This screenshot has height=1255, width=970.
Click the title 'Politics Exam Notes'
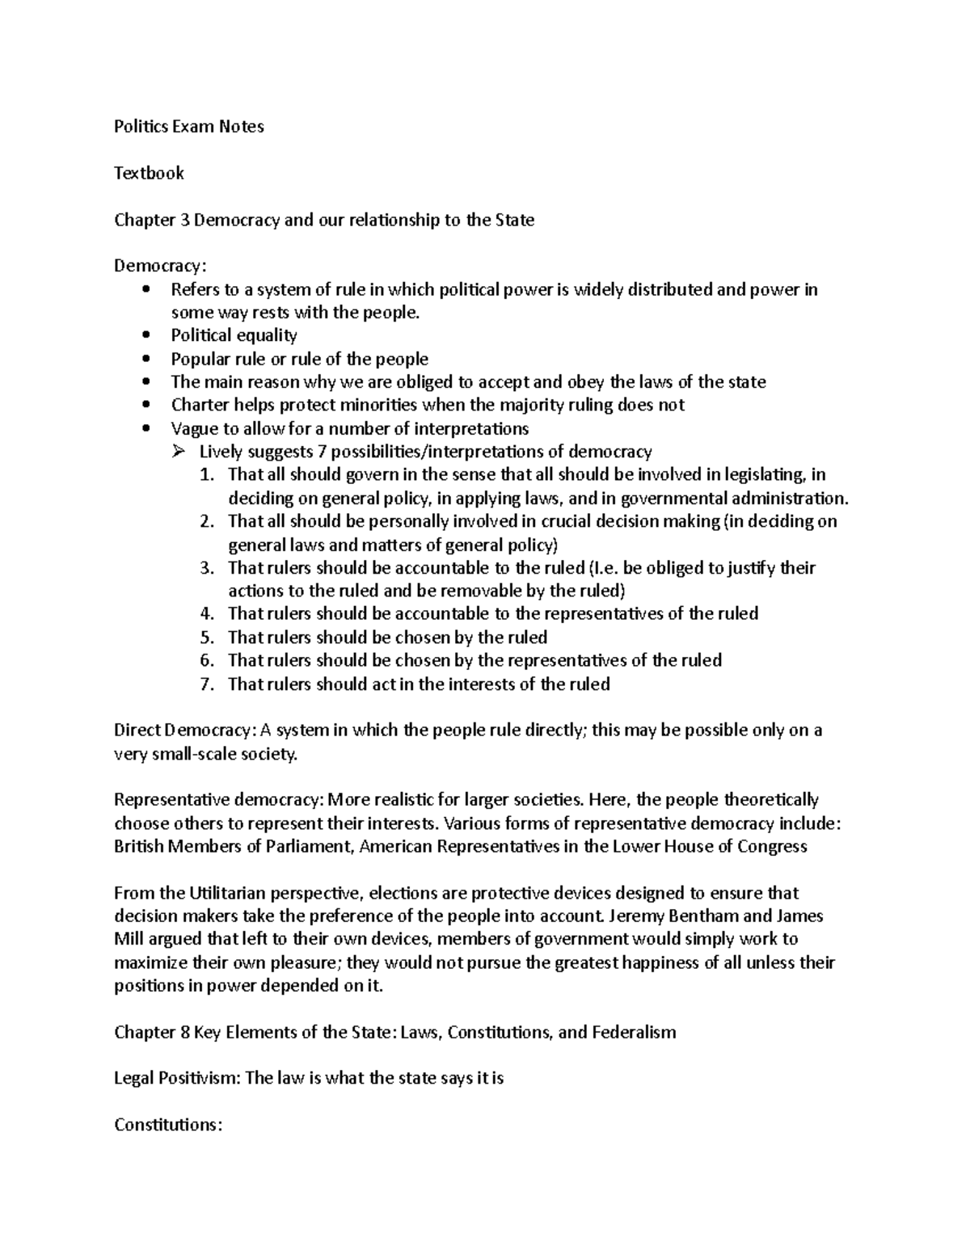point(188,126)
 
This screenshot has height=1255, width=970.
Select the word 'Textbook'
point(149,173)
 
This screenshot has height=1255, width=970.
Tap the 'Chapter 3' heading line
point(324,220)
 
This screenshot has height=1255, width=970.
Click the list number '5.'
point(207,638)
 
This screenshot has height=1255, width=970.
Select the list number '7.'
point(207,684)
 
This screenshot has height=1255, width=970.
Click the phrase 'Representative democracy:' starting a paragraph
point(218,800)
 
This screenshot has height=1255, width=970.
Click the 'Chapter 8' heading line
point(394,1032)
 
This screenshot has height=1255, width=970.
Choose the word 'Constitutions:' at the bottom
point(167,1125)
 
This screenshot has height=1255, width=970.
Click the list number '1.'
point(207,474)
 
